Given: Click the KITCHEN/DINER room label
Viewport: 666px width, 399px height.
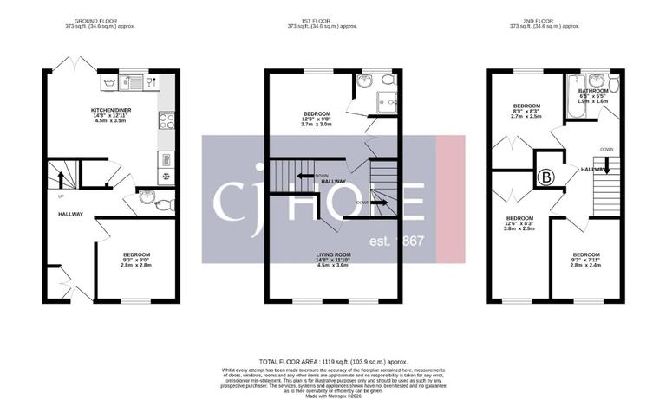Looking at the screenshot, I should pyautogui.click(x=111, y=110).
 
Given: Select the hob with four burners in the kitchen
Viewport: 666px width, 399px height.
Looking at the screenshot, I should pyautogui.click(x=167, y=121).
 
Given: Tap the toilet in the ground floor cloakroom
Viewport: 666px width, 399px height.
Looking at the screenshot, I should pyautogui.click(x=166, y=205).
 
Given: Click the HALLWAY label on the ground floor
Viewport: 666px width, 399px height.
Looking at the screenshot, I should pyautogui.click(x=70, y=214).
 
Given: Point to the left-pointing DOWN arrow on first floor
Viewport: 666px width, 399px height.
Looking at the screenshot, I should pyautogui.click(x=304, y=175).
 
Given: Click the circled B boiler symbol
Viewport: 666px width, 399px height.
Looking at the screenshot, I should pyautogui.click(x=545, y=177).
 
